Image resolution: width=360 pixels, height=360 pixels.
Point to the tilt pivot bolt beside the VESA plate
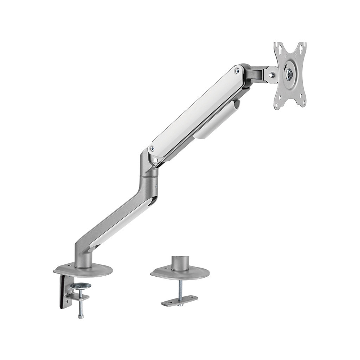click(271, 75)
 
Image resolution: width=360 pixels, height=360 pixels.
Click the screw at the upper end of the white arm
click(238, 71)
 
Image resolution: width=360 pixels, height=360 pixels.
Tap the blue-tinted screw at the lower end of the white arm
click(152, 149)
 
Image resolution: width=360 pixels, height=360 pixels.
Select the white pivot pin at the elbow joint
click(155, 160)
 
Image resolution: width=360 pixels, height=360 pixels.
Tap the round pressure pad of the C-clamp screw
click(80, 286)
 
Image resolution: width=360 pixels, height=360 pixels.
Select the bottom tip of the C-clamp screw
click(81, 316)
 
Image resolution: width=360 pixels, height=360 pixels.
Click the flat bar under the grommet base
click(179, 301)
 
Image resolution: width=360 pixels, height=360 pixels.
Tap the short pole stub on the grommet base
click(180, 263)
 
